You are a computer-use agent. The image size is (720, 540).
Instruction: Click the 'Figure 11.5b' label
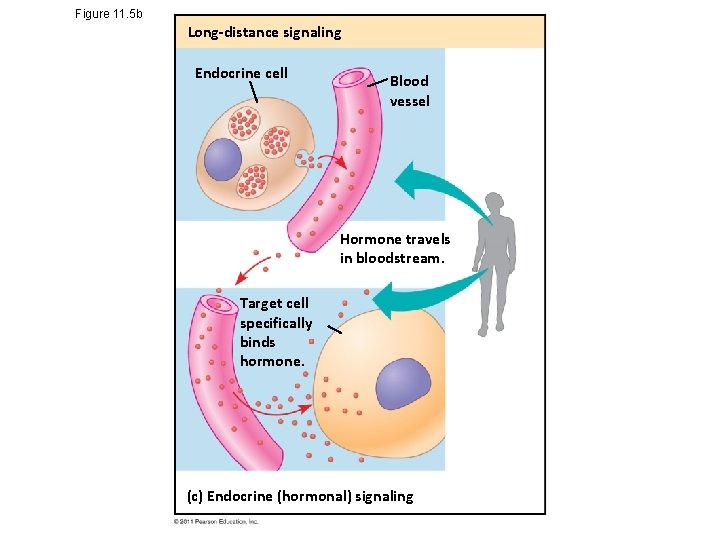point(109,13)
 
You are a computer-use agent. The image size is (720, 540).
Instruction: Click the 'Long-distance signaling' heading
point(264,32)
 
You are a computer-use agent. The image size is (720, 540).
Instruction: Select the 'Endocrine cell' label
point(241,73)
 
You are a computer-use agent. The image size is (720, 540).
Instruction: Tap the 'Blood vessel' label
point(409,90)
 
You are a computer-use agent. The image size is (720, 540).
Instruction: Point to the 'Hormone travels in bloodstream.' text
point(395,248)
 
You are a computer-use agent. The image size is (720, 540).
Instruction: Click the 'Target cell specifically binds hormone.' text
point(275,332)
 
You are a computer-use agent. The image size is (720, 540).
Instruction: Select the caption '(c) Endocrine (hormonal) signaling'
point(300,496)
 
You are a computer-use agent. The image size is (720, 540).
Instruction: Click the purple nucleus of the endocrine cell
point(222,159)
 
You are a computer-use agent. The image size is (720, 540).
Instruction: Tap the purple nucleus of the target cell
point(403,383)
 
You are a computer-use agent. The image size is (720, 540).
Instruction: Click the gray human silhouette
point(495,266)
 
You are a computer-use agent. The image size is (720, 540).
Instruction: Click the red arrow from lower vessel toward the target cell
point(270,406)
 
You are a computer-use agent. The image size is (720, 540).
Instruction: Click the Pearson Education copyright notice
point(216,522)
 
